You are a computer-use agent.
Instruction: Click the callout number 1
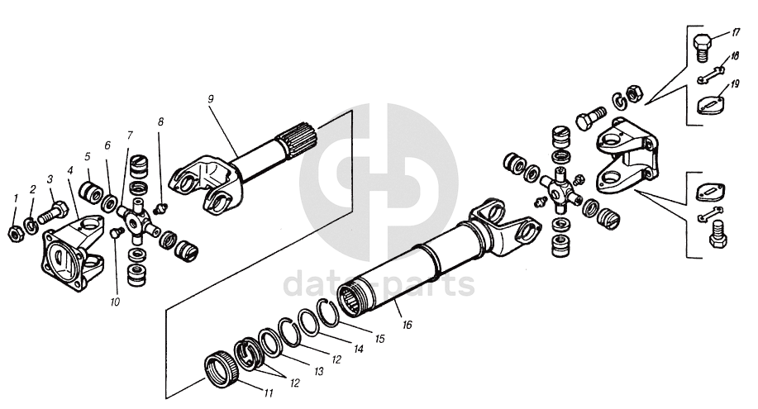click(x=16, y=198)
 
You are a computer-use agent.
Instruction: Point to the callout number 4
click(x=70, y=171)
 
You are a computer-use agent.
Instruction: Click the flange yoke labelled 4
click(x=73, y=252)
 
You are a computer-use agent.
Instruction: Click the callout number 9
click(x=210, y=99)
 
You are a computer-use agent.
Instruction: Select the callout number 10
click(x=115, y=302)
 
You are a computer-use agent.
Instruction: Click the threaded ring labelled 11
click(x=221, y=369)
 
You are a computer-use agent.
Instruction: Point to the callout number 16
click(x=408, y=325)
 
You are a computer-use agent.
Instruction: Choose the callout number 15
click(x=380, y=339)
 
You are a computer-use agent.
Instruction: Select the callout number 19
click(x=735, y=84)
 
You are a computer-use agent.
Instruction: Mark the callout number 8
click(x=160, y=121)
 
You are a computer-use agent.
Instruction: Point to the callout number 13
click(x=318, y=372)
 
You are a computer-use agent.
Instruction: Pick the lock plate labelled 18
click(x=710, y=75)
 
